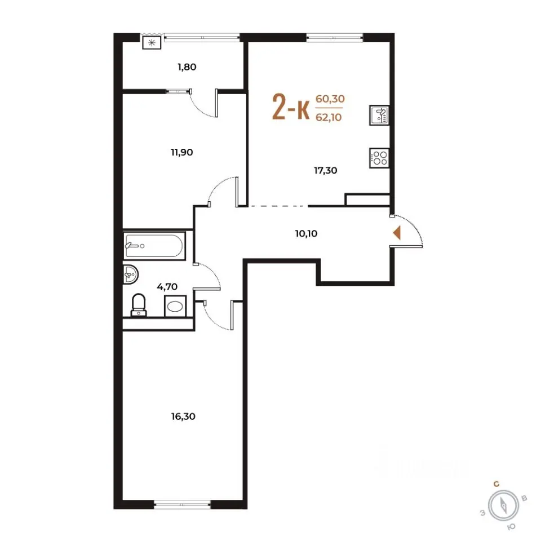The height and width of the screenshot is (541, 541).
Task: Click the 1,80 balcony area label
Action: [187, 66]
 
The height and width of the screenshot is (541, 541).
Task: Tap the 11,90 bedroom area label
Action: [182, 152]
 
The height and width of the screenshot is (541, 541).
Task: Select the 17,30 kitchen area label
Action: [325, 170]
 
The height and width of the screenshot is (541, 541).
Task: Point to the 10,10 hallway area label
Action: [307, 233]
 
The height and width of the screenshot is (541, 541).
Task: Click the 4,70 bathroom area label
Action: [167, 286]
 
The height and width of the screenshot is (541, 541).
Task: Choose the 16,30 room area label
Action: [183, 416]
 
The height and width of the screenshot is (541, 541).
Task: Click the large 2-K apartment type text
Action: [291, 107]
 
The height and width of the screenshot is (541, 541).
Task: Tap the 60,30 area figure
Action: [330, 99]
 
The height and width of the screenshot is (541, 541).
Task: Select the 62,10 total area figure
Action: [329, 117]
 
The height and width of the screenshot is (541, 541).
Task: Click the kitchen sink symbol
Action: [379, 115]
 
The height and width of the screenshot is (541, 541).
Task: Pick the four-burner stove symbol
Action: [379, 158]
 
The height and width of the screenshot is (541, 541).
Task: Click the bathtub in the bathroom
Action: [154, 246]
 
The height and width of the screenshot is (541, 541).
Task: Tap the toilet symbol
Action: [139, 305]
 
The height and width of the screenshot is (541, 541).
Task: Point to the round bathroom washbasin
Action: [130, 274]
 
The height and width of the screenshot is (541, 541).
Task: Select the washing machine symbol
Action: [175, 305]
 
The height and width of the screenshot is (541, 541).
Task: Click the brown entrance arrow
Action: [397, 233]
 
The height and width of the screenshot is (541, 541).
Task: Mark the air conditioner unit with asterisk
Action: [152, 43]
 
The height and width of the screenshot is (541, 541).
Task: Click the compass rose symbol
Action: [504, 506]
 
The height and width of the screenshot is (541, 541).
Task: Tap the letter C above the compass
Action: [496, 485]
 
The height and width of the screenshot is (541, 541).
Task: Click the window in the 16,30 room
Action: [182, 505]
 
